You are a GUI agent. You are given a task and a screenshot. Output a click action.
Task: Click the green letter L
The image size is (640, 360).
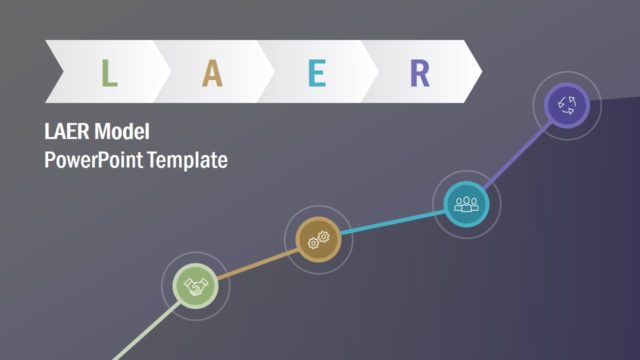[x=110, y=73]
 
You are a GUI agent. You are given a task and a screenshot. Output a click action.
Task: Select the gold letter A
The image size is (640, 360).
[x=212, y=73]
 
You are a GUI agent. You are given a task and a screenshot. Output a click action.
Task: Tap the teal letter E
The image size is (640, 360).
[x=317, y=73]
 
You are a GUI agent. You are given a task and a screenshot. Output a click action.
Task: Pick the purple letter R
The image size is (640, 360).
[x=420, y=73]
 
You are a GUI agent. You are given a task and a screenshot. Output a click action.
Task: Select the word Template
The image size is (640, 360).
[x=188, y=158]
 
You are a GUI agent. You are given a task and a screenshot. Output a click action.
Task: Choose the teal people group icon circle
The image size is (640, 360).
[x=466, y=203]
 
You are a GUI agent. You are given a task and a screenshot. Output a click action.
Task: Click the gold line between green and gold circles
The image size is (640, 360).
[x=256, y=264]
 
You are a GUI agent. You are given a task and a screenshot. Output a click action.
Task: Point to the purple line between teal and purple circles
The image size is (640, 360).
[x=516, y=154]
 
